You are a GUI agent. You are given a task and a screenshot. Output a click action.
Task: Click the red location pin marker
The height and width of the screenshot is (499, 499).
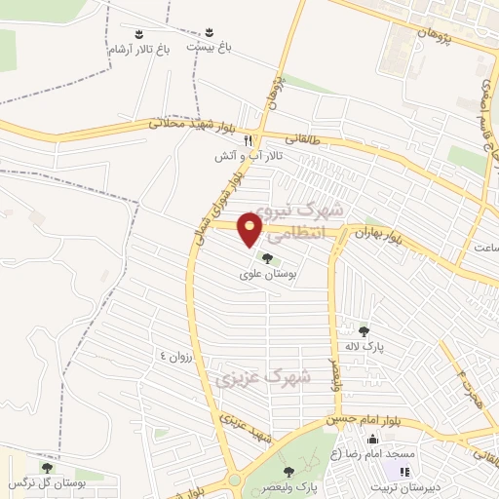(251, 229)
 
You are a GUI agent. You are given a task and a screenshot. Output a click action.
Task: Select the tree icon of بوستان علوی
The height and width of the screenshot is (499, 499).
(268, 258)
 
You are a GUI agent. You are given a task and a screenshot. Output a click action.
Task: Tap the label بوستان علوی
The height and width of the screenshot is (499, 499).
(268, 275)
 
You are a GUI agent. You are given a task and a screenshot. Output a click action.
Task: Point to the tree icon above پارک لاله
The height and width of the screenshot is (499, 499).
(365, 331)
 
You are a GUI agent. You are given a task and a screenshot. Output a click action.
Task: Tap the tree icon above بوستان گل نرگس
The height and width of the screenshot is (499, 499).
(47, 468)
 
